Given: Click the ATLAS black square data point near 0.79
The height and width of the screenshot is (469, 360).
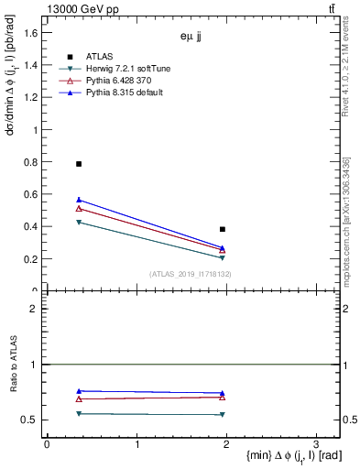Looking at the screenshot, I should click(x=79, y=164).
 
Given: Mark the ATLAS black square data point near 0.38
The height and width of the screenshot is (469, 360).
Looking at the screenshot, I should click(x=223, y=229).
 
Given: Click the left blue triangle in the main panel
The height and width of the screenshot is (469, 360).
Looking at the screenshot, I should click(x=79, y=200).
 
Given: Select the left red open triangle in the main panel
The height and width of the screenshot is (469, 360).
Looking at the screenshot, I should click(x=79, y=209).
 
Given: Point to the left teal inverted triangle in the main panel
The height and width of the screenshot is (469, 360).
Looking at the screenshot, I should click(x=79, y=223).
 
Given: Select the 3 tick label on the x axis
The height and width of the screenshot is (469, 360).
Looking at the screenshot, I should click(x=314, y=443).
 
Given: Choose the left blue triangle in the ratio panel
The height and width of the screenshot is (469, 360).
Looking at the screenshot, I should click(x=79, y=391).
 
